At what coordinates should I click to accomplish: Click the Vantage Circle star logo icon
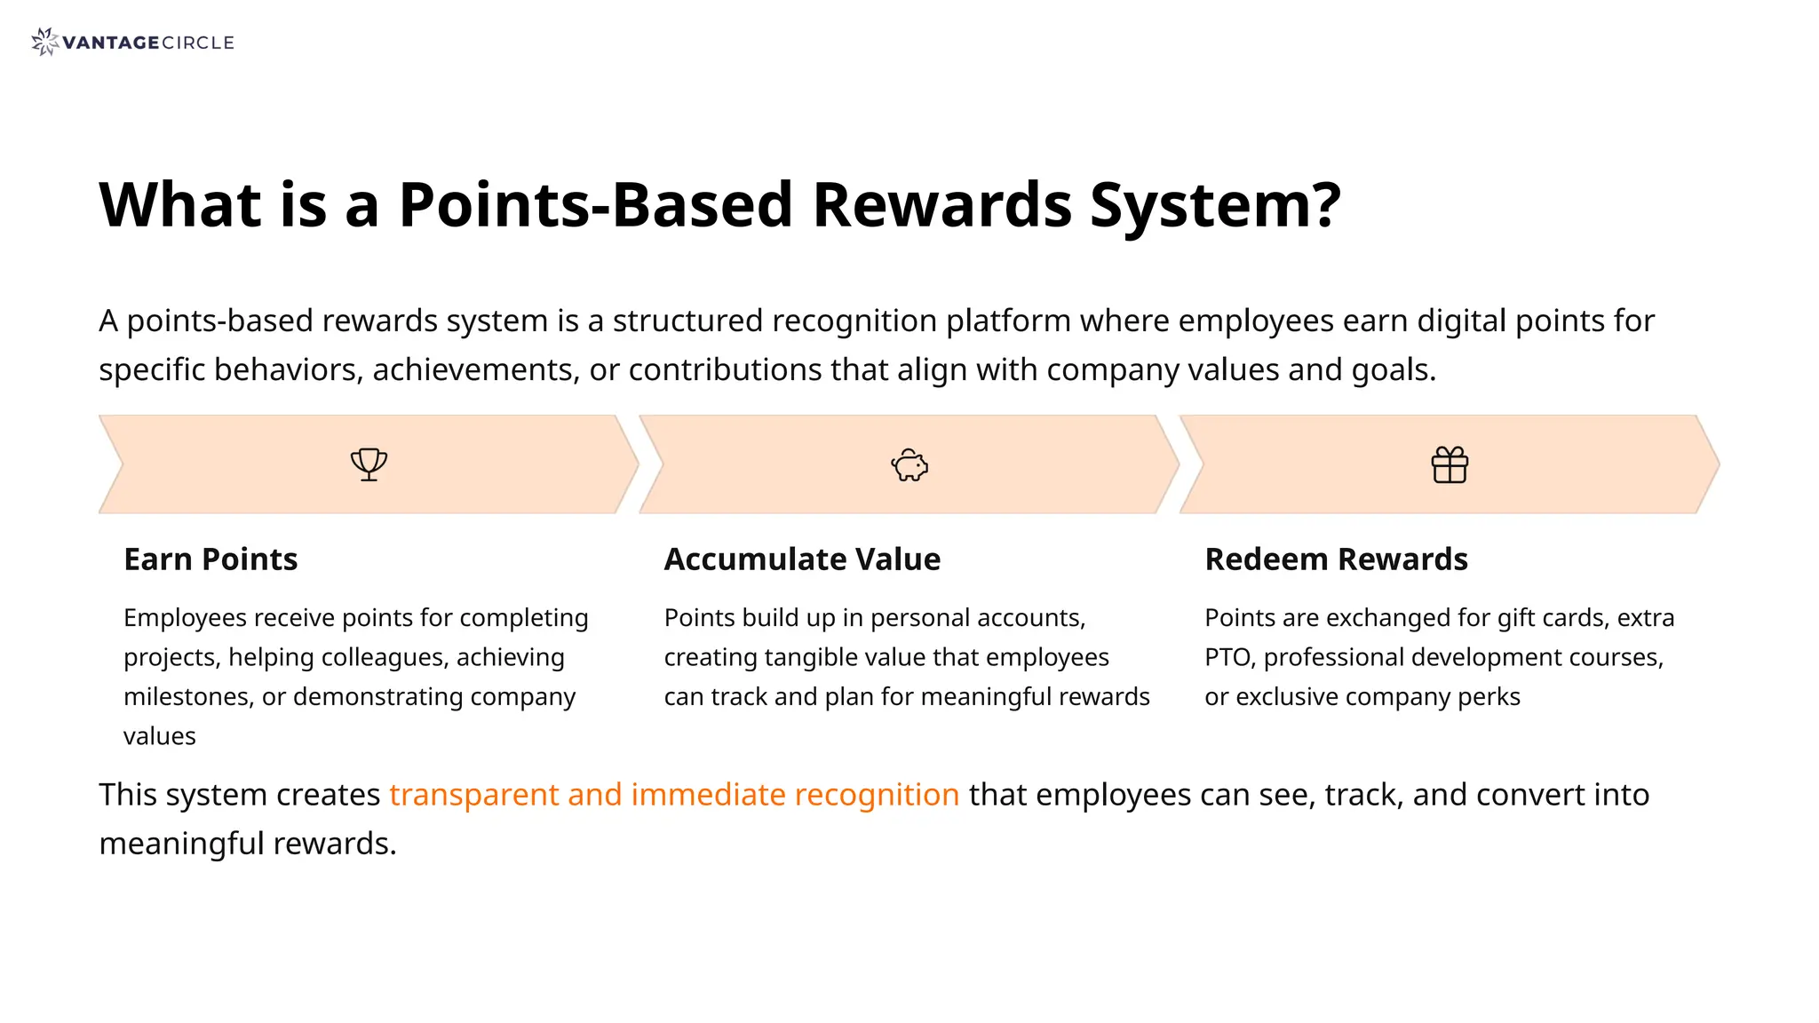tap(44, 42)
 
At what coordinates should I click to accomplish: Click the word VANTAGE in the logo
tap(111, 43)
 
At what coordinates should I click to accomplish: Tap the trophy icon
tap(369, 464)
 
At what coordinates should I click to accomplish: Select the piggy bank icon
tap(909, 465)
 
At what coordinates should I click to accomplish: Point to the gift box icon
tap(1450, 465)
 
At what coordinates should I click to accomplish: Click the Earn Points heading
tap(210, 559)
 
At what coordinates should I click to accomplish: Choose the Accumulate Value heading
tap(802, 559)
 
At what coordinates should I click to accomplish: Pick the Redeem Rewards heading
tap(1336, 559)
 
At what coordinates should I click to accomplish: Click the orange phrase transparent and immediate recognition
tap(674, 795)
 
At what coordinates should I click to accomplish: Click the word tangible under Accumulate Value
tap(820, 658)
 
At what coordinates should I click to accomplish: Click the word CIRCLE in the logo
tap(198, 43)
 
